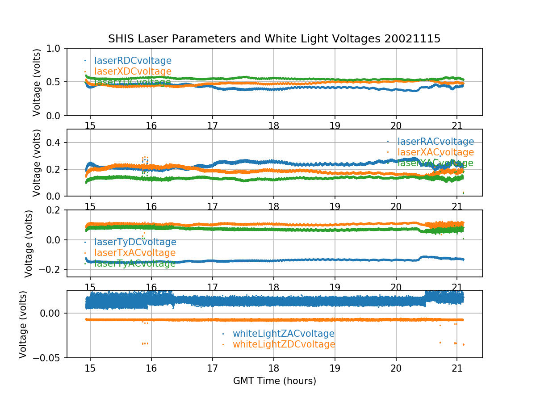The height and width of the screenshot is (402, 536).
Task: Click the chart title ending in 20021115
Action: click(x=274, y=39)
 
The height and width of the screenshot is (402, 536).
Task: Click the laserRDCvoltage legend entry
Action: click(x=133, y=61)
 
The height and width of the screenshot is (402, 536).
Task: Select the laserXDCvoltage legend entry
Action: click(x=133, y=71)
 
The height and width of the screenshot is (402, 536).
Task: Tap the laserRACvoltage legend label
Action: click(x=435, y=142)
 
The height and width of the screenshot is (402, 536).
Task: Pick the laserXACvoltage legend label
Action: click(x=435, y=153)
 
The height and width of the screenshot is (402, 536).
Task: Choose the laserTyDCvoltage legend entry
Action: click(x=135, y=242)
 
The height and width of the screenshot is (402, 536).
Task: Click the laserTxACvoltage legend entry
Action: click(x=135, y=253)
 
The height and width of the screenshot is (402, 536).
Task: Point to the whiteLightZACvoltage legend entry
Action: click(x=283, y=334)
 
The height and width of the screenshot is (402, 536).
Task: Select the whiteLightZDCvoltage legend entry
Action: click(x=284, y=344)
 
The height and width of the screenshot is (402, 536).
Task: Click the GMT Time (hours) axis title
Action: click(x=274, y=381)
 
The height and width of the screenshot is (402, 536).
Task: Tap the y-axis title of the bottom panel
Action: click(x=23, y=324)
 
